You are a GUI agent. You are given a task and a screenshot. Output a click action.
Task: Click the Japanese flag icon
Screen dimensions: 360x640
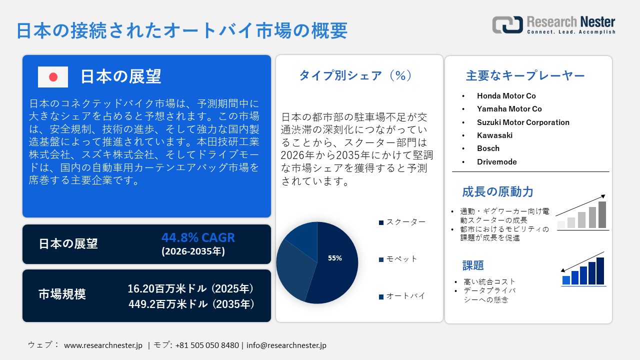[x=53, y=77]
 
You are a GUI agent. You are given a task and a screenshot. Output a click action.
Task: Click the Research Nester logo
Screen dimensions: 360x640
[x=553, y=25]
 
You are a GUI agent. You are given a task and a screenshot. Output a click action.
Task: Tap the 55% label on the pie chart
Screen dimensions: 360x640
[x=335, y=258]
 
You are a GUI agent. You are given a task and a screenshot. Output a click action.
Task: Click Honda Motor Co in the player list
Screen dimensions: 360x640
[x=506, y=96]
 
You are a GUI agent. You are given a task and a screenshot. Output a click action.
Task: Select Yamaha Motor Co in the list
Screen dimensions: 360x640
[x=509, y=109]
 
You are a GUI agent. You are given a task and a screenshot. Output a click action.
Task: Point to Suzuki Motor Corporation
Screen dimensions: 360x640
[x=523, y=122]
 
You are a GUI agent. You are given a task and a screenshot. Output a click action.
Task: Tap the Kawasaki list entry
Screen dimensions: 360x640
[x=494, y=135]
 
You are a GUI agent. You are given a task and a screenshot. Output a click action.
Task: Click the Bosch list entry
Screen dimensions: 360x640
[x=488, y=148]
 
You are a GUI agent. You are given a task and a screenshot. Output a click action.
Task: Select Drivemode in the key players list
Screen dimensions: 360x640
[x=497, y=162]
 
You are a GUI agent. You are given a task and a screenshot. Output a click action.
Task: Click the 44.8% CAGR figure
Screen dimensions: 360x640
[x=198, y=237]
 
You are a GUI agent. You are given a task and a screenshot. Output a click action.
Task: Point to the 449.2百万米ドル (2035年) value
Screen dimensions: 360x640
[x=190, y=304]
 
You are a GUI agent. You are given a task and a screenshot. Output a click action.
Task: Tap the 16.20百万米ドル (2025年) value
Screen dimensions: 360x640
[x=190, y=289]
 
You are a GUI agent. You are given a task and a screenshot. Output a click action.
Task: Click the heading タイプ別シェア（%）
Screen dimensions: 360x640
[x=355, y=75]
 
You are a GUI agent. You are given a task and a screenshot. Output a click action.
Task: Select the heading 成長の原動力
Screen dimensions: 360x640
[x=497, y=191]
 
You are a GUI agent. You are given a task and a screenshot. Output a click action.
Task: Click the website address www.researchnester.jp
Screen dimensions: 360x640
[x=103, y=345]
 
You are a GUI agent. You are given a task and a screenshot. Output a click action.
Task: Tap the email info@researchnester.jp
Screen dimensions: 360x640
[x=286, y=345]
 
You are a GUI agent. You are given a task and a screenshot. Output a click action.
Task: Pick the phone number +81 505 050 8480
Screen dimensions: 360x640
[x=207, y=345]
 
